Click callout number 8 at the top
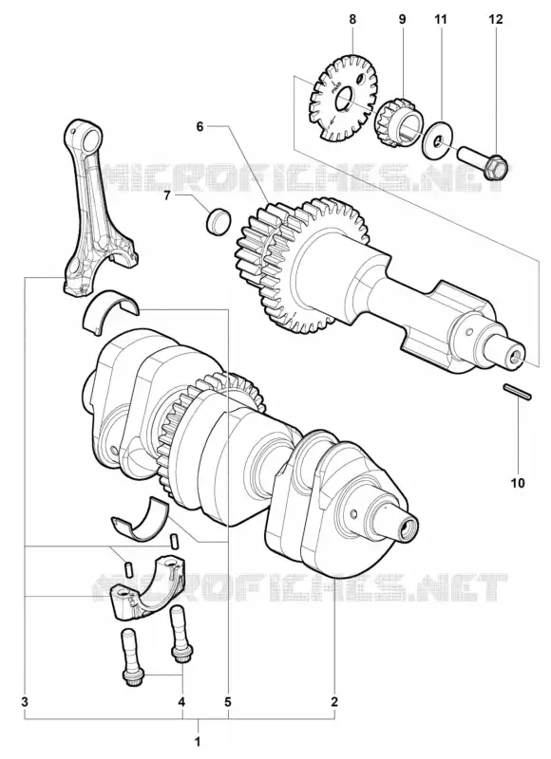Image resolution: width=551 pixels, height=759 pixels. pos(352,19)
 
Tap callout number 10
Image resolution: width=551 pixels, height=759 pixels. pos(518,483)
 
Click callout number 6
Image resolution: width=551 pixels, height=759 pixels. pos(199,126)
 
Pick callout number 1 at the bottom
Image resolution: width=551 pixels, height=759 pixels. pos(198,741)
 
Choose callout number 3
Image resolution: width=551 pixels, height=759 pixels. pos(26,701)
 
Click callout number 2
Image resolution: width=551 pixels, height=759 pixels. pos(333,701)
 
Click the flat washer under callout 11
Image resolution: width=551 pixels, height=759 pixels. pos(438,139)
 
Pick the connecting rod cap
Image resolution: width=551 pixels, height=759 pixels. pos(145,588)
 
